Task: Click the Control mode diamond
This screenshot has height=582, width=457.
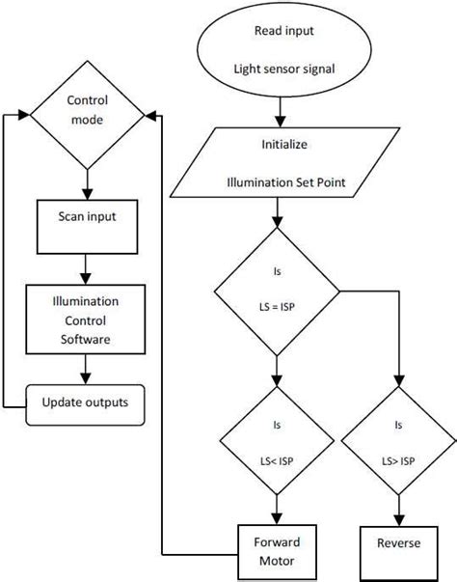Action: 88,113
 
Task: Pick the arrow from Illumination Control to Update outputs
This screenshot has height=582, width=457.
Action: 88,365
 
